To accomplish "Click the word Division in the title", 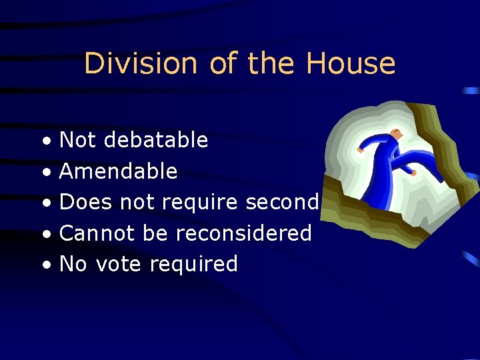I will [x=141, y=64].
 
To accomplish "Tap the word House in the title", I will [x=351, y=64].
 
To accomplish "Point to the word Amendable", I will [x=119, y=171].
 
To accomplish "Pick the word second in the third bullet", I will [x=283, y=202].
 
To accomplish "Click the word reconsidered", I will [x=244, y=233].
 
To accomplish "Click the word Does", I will [x=86, y=202].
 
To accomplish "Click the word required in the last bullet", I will [x=193, y=265].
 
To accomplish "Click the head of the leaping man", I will [x=397, y=135].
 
